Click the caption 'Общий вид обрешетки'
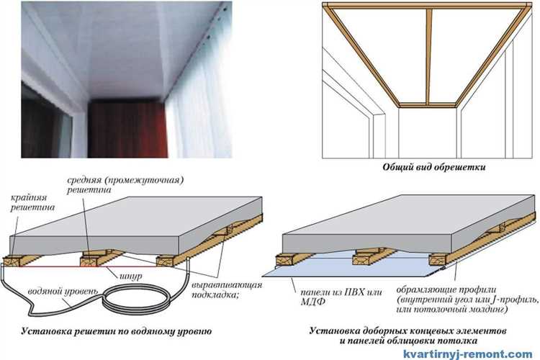click(434, 168)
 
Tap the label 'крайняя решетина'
click(32, 203)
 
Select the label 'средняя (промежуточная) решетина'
click(125, 185)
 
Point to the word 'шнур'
click(131, 276)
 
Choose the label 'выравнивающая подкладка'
click(227, 290)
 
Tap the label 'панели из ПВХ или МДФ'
click(341, 297)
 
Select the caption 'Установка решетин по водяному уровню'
click(117, 332)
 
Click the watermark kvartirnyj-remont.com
click(468, 354)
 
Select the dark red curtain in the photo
click(127, 128)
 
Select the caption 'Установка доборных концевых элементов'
click(408, 331)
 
